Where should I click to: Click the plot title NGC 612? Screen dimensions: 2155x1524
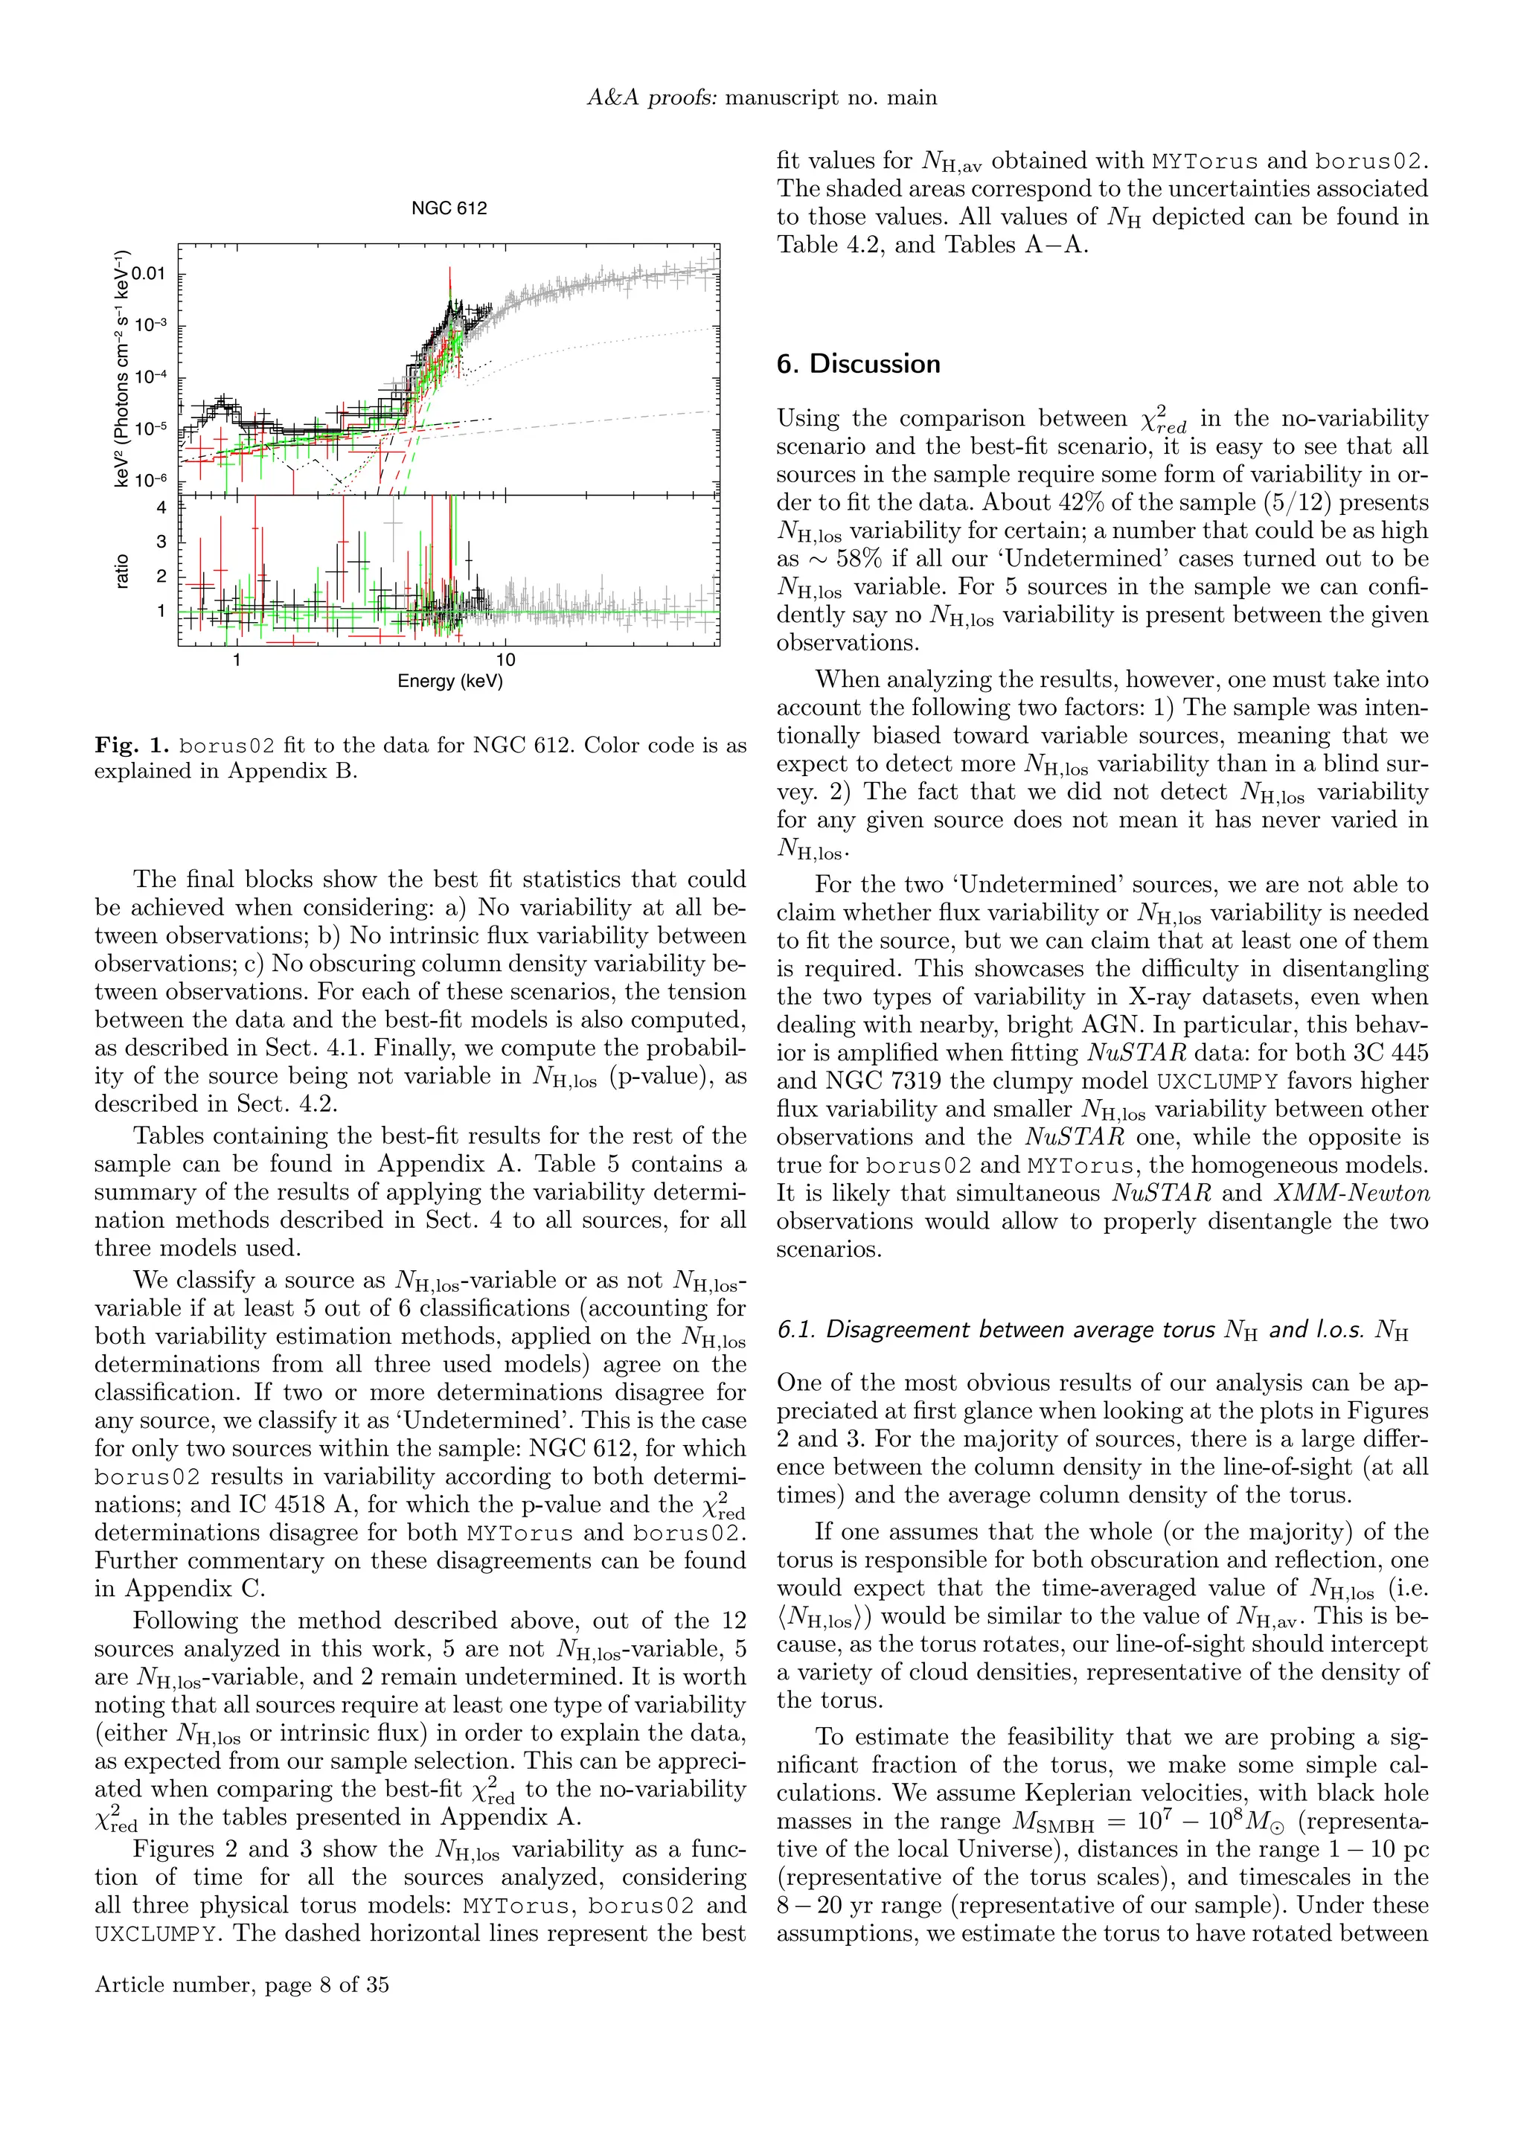click(x=449, y=208)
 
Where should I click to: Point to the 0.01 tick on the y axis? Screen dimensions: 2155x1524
click(x=148, y=274)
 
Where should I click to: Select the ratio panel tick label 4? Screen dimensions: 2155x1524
click(x=161, y=507)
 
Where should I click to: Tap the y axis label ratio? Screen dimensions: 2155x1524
click(x=122, y=571)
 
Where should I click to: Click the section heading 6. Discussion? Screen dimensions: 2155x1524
click(x=858, y=364)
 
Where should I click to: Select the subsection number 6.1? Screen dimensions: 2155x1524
click(x=797, y=1330)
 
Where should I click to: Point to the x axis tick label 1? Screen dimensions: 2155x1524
click(x=237, y=660)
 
